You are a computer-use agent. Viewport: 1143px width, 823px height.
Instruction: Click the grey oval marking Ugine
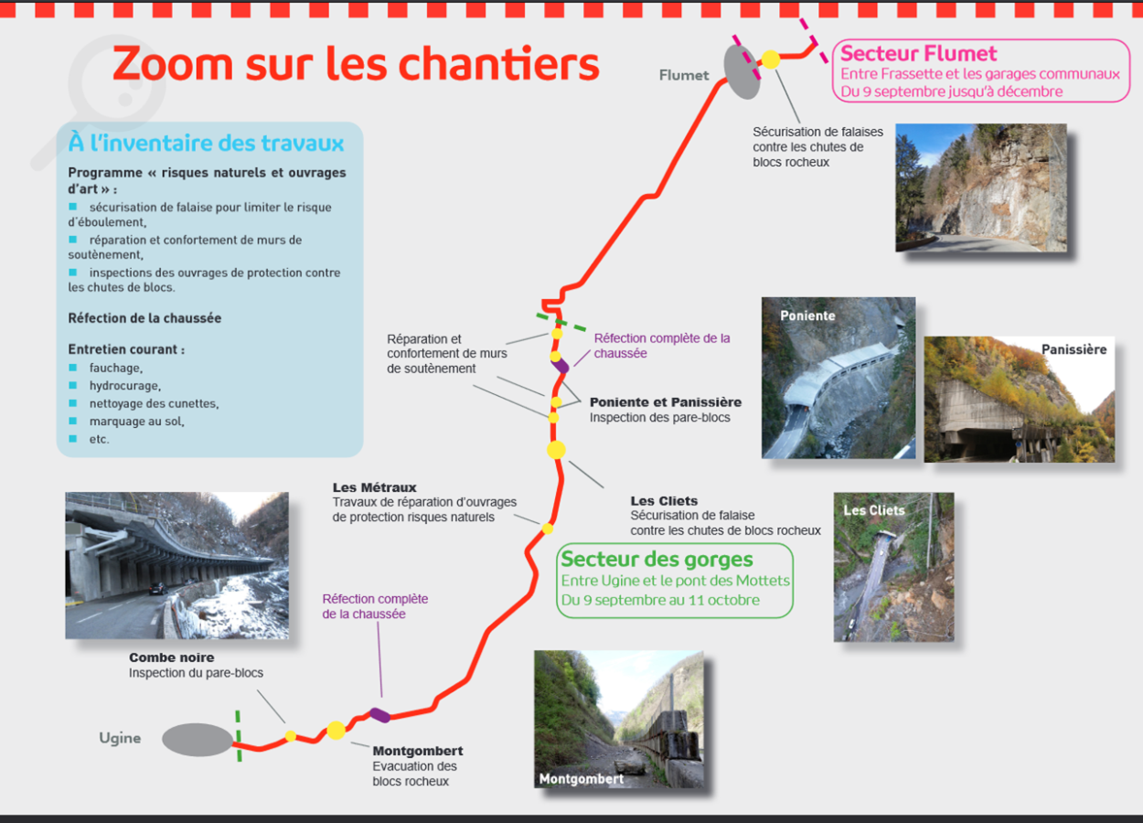tap(198, 740)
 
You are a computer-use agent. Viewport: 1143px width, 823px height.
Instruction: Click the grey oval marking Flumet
tap(742, 72)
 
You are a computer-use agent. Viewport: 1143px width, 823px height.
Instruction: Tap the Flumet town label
tap(684, 76)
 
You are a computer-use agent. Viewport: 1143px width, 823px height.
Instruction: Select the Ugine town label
tap(120, 738)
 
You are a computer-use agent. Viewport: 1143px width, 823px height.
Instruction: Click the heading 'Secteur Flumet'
tap(918, 53)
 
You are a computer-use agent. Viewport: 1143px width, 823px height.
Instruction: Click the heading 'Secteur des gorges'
tap(657, 560)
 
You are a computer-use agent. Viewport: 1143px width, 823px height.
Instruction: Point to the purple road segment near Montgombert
tap(379, 715)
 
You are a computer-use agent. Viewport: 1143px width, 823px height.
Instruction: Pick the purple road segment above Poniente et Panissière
tap(561, 366)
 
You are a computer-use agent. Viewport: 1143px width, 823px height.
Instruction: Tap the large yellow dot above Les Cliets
tap(556, 450)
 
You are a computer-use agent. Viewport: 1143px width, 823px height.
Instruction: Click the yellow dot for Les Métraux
tap(548, 529)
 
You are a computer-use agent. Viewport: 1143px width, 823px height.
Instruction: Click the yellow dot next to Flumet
tap(771, 59)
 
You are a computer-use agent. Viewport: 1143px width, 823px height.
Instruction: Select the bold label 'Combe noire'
tap(172, 657)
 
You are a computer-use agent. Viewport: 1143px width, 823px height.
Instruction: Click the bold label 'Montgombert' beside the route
tap(418, 751)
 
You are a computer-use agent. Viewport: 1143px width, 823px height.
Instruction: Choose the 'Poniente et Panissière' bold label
tap(666, 402)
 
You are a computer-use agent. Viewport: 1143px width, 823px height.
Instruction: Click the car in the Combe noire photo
tap(158, 589)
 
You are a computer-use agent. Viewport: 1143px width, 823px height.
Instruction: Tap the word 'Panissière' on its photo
tap(1074, 349)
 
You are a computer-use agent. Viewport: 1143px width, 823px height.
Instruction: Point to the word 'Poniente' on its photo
tap(807, 315)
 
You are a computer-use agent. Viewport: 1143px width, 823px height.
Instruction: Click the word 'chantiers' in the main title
tap(498, 64)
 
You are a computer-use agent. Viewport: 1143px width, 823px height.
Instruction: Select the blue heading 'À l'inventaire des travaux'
tap(206, 143)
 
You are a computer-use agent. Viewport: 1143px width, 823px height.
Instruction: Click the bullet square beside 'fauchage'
tap(73, 368)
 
